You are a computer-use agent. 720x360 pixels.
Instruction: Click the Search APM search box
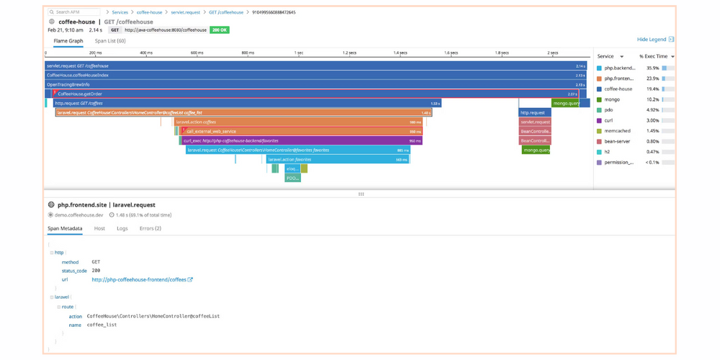pos(73,12)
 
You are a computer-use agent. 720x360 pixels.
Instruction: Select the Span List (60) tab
pos(110,41)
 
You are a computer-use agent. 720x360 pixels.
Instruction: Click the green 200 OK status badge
pos(220,30)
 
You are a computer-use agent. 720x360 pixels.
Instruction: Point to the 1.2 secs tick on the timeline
pos(349,53)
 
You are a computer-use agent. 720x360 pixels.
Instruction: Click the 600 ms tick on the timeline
pos(197,53)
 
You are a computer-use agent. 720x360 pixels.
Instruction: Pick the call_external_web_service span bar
pos(302,132)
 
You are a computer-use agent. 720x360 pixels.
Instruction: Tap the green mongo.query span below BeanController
pos(536,150)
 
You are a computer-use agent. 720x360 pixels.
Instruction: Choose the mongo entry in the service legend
pos(612,100)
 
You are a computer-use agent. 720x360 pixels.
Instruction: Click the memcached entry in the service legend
pos(618,131)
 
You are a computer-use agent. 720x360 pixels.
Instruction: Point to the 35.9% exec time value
pos(652,68)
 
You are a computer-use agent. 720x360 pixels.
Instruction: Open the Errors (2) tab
pos(150,228)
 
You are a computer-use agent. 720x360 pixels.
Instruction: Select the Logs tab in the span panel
pos(122,228)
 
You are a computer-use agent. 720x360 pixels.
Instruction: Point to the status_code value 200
pos(96,271)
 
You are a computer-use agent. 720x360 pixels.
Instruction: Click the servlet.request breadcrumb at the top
pos(185,12)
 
